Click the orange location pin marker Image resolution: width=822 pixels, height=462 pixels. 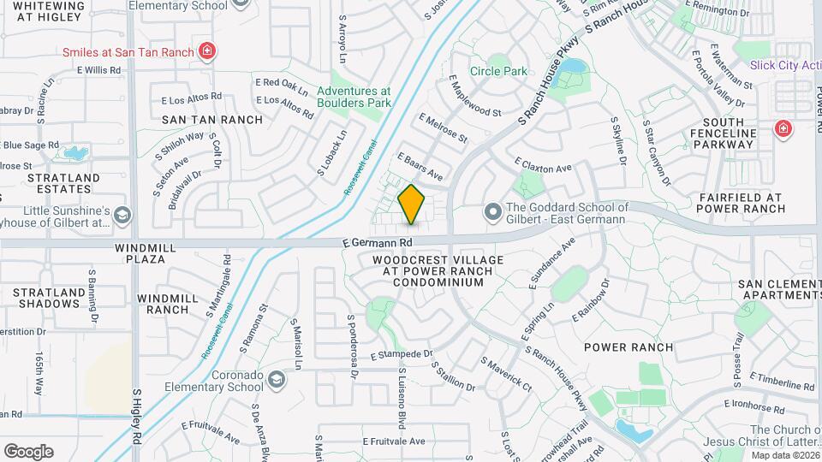(412, 204)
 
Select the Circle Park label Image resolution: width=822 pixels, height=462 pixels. (498, 71)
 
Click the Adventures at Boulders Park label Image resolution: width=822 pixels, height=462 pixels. (354, 97)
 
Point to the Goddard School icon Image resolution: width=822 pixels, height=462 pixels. (492, 210)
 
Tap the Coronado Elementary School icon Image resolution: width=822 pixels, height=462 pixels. (277, 379)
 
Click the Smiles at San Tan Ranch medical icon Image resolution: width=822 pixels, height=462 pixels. (206, 51)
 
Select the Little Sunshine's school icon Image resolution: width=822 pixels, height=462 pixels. (122, 214)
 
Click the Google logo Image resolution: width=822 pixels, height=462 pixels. (28, 451)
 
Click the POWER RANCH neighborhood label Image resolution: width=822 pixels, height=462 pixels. (628, 347)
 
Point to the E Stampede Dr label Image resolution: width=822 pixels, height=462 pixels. (402, 353)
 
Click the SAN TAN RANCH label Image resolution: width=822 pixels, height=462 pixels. (211, 120)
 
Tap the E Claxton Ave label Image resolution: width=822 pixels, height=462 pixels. (543, 164)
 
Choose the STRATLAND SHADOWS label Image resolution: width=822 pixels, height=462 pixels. (50, 298)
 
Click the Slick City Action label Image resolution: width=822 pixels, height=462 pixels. (783, 65)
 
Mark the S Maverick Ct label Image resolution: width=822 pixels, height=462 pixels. (506, 376)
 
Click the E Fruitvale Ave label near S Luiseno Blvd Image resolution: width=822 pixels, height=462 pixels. (393, 441)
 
